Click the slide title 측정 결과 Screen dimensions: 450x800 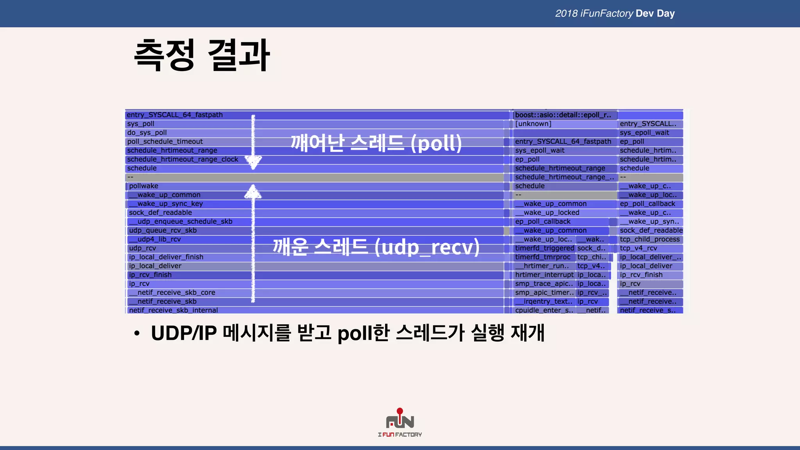tap(202, 55)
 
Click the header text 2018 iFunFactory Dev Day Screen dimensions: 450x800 tap(615, 13)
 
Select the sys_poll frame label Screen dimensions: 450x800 tap(141, 124)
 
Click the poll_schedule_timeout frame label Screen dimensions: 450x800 tap(165, 141)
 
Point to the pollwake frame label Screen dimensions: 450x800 tap(143, 186)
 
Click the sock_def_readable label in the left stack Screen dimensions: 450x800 tap(160, 212)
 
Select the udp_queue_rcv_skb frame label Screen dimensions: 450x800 tap(162, 230)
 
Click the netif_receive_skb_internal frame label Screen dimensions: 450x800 tap(173, 310)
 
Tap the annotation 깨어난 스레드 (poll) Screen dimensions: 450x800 tap(376, 143)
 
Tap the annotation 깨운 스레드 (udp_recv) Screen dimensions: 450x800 tap(376, 247)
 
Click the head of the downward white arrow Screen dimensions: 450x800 tap(253, 162)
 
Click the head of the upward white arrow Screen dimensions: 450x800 tap(253, 191)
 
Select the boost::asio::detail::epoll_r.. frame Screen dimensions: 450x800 tap(563, 115)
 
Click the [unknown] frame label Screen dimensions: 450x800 tap(533, 124)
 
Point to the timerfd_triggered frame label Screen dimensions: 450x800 tap(545, 248)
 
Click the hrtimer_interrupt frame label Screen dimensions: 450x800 tap(544, 275)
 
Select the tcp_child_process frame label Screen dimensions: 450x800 tap(650, 239)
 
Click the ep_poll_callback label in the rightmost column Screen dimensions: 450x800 tap(647, 204)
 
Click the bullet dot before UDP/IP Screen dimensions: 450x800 tap(136, 334)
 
